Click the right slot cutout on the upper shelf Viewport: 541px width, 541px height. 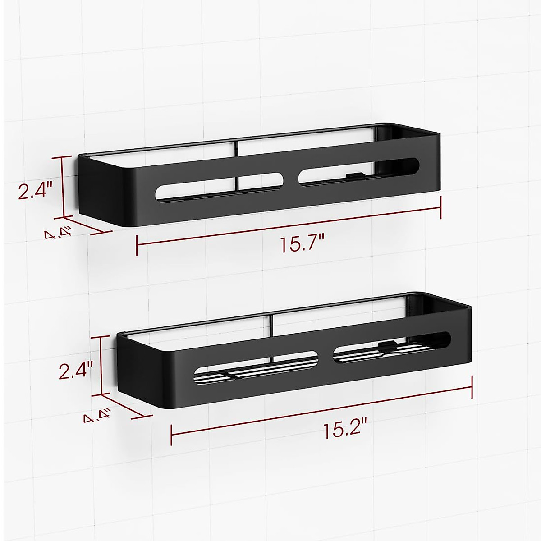click(361, 171)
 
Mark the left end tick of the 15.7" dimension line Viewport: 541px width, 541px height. click(137, 246)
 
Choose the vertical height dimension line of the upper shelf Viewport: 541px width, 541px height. click(64, 187)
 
